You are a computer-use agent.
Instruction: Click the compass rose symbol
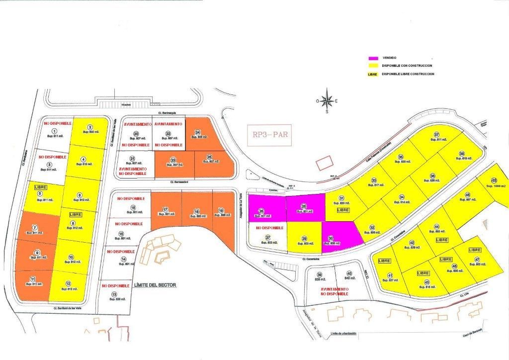click(x=327, y=100)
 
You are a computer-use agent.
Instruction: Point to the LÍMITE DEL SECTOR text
click(x=155, y=285)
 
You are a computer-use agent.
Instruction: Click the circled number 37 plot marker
click(x=436, y=135)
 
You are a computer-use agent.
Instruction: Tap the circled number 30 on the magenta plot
click(x=331, y=239)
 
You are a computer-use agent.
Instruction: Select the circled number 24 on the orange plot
click(x=197, y=132)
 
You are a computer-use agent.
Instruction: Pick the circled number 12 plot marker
click(x=68, y=284)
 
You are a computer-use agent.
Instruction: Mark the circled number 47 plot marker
click(x=477, y=260)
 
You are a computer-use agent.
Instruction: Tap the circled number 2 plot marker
click(x=90, y=127)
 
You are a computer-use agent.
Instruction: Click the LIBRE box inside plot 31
click(x=343, y=210)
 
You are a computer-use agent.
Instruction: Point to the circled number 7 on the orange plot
click(x=34, y=228)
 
